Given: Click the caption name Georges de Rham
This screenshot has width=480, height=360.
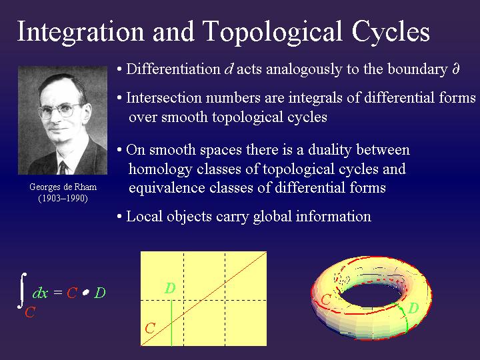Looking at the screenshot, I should [x=63, y=187].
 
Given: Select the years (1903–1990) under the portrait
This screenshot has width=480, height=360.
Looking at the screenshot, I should [x=63, y=198].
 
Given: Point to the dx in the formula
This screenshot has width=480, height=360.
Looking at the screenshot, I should [x=40, y=293].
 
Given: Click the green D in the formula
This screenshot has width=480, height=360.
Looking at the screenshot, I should [x=100, y=293].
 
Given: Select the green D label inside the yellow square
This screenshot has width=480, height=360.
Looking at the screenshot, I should [x=170, y=289].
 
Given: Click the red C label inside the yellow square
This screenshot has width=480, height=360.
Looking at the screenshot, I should [x=151, y=328].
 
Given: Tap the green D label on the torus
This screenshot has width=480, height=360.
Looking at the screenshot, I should [x=413, y=308].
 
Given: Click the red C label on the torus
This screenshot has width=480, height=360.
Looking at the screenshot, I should [x=326, y=300].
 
